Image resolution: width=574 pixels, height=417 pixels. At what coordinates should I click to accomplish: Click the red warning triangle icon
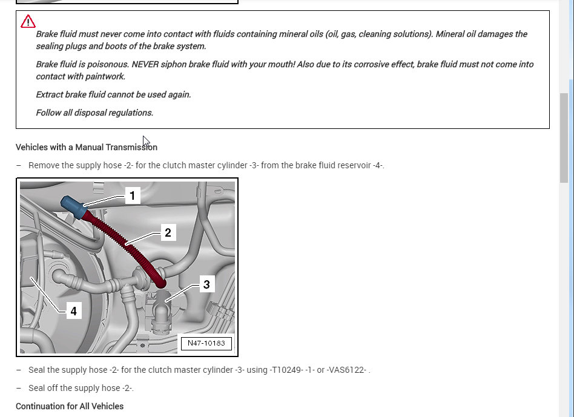tap(28, 22)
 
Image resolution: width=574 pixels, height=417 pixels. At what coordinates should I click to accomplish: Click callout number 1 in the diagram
tap(132, 195)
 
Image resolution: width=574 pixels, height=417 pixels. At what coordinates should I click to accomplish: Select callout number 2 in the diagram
tap(168, 232)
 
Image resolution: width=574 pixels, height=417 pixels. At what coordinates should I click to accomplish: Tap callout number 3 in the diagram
tap(206, 284)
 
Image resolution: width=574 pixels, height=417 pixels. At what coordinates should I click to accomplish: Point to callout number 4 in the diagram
tap(73, 311)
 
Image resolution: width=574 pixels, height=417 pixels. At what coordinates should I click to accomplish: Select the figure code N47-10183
tap(206, 343)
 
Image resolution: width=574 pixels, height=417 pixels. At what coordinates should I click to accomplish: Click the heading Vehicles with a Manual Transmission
tap(87, 147)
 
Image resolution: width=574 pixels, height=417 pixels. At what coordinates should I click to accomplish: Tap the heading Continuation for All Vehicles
tap(70, 406)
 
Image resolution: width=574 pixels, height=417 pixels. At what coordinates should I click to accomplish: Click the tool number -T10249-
tap(286, 370)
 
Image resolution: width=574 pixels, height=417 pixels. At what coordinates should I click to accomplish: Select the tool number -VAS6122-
tap(347, 370)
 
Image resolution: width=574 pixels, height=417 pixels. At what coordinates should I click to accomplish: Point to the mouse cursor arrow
tap(145, 141)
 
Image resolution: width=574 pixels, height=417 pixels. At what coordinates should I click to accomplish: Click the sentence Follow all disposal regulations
tap(94, 113)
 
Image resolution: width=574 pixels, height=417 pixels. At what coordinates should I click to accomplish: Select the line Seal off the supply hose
tap(81, 388)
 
